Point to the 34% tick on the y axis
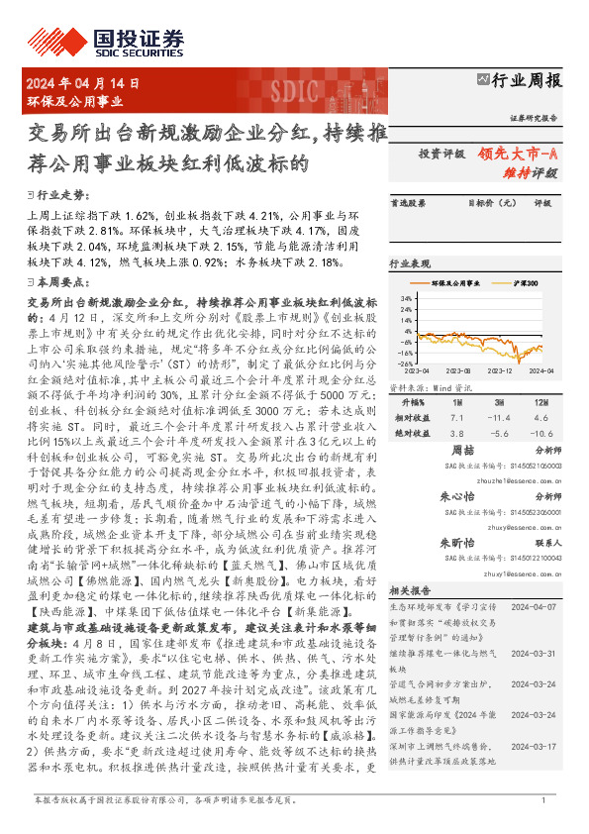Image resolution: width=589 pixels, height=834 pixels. (x=406, y=296)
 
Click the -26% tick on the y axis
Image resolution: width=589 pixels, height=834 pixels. (x=405, y=362)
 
